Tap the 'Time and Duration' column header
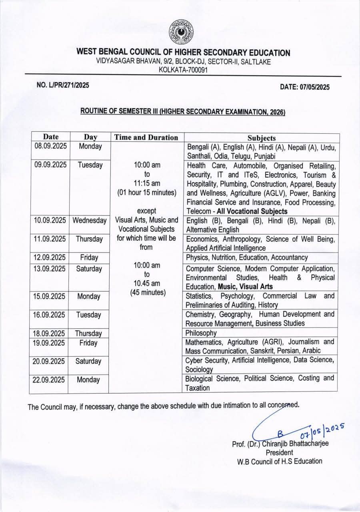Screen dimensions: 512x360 (x=146, y=137)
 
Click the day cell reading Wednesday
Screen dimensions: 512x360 (x=89, y=221)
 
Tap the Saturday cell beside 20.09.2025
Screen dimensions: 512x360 (x=88, y=361)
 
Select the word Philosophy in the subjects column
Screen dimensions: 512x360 (x=201, y=333)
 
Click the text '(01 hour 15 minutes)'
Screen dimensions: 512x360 (x=146, y=192)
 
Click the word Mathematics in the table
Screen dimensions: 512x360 (x=204, y=342)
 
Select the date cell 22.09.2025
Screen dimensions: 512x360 (x=48, y=380)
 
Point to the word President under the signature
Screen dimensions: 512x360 (x=280, y=452)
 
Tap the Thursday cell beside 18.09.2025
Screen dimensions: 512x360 (x=88, y=333)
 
